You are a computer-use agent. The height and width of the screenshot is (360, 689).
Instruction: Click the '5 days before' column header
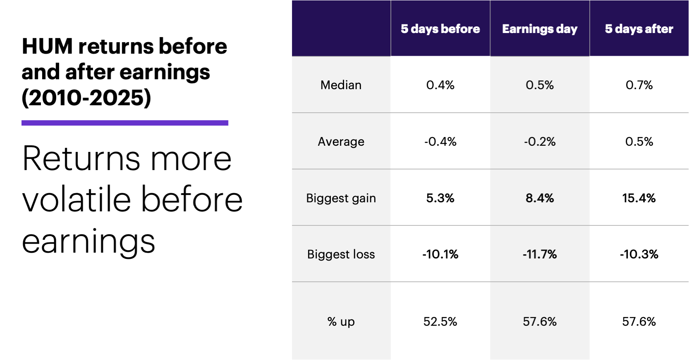(440, 29)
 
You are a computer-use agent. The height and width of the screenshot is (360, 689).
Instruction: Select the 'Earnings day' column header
(539, 29)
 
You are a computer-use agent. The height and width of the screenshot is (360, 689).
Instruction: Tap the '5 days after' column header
(639, 29)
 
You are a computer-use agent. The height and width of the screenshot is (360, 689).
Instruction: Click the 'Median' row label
(341, 85)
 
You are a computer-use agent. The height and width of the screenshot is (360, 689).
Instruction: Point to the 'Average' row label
(341, 142)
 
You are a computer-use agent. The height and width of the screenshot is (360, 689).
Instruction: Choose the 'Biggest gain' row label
(341, 198)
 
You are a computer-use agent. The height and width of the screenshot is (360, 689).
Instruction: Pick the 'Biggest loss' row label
(341, 254)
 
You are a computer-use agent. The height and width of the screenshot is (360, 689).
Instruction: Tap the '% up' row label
(341, 322)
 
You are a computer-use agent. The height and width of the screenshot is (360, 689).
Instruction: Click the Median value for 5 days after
(639, 85)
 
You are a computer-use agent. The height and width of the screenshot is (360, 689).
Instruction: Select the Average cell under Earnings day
(539, 142)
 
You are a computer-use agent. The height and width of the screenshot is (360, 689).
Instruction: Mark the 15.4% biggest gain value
(639, 198)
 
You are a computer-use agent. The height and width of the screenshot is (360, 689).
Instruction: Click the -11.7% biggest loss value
(539, 254)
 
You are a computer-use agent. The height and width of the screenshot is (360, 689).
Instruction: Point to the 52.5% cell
(440, 322)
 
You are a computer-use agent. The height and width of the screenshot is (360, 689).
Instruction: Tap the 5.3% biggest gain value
(440, 198)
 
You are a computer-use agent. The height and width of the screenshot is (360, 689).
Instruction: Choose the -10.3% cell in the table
(639, 254)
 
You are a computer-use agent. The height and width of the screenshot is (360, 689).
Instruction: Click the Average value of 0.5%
(639, 142)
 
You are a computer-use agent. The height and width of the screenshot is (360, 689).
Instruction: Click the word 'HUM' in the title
(48, 46)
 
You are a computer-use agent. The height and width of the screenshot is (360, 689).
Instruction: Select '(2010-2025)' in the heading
(86, 98)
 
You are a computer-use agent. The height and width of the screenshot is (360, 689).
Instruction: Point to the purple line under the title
(125, 123)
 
